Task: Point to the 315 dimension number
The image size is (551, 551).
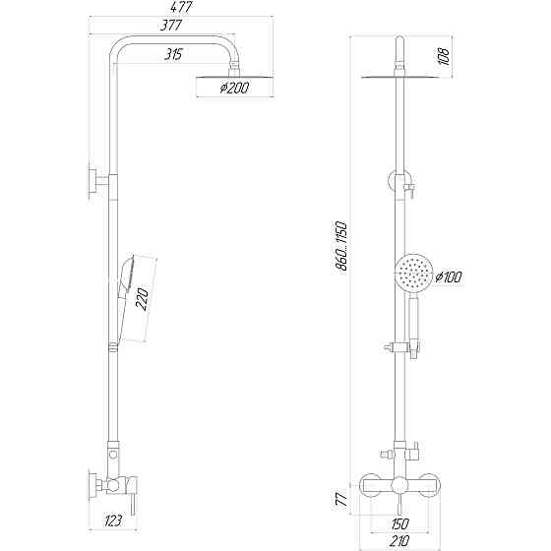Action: [x=176, y=53]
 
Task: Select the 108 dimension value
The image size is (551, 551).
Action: [x=443, y=58]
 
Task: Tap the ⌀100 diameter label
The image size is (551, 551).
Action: [x=448, y=278]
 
